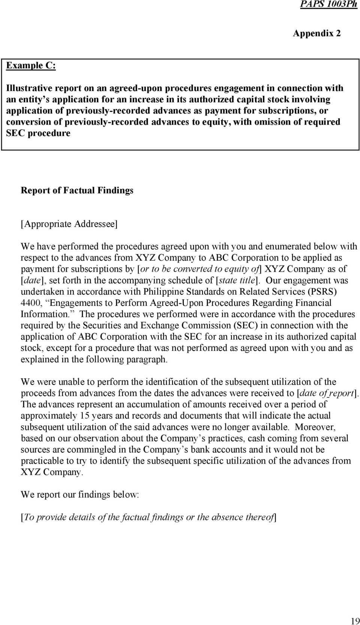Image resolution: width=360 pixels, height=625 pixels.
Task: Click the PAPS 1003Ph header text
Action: click(x=328, y=4)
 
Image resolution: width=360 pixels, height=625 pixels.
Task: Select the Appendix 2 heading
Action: click(x=316, y=33)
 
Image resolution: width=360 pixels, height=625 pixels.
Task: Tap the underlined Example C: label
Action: click(x=31, y=66)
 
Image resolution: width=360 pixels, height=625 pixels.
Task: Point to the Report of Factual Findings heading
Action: click(x=77, y=190)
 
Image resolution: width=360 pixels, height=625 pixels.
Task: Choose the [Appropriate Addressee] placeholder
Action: click(x=69, y=224)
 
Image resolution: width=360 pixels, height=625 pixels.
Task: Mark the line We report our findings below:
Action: click(x=79, y=495)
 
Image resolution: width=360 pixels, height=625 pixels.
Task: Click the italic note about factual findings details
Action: click(x=148, y=517)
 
